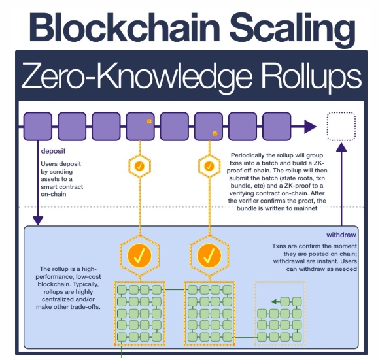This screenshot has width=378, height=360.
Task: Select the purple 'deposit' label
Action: point(53,151)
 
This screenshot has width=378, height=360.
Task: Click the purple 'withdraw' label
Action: point(341,235)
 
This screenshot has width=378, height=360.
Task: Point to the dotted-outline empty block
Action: point(341,126)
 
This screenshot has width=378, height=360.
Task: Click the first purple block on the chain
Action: point(38,126)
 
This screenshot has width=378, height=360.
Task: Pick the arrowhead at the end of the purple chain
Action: point(310,126)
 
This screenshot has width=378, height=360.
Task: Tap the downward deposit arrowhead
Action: point(38,221)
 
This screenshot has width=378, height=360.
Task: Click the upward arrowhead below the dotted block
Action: point(341,147)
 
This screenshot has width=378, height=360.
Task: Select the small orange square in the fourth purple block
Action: point(149,121)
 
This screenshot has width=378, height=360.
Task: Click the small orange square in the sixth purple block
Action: point(215,133)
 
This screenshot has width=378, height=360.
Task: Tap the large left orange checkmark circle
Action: point(139,255)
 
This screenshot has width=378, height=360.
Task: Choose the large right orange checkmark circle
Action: point(209,255)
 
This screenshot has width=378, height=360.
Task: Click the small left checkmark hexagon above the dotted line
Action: point(139,166)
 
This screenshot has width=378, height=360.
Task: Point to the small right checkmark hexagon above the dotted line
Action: point(209,166)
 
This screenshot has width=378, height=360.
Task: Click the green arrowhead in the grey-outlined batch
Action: point(274,301)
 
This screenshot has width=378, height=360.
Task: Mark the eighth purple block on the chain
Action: point(277,126)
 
